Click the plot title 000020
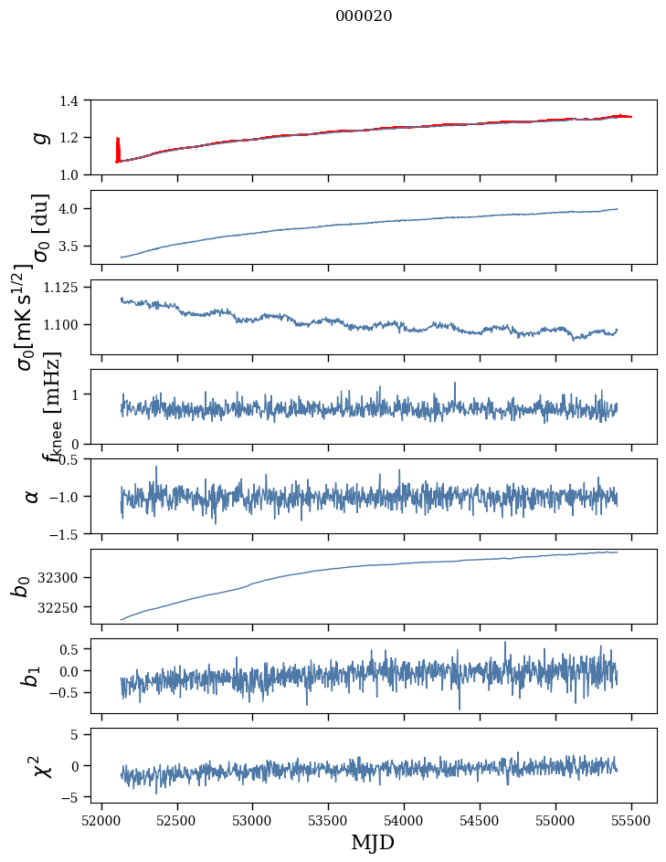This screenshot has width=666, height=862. pos(364,16)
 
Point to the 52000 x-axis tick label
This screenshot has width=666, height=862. pos(101,818)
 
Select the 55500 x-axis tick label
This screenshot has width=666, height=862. pos(631,818)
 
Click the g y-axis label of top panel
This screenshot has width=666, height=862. pos(38,137)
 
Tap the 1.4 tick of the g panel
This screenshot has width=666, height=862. pos(72,100)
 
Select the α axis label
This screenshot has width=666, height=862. pos(33,496)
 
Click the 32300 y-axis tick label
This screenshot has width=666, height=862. pos(63,578)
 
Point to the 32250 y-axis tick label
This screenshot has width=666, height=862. pos(63,607)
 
